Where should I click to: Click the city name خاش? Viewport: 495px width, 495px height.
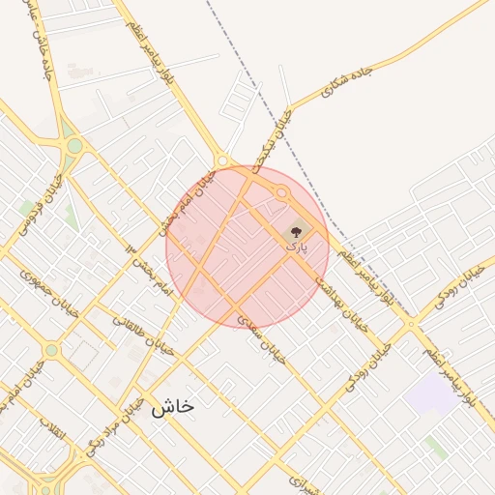[172, 407]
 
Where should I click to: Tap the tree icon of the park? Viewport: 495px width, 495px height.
[296, 231]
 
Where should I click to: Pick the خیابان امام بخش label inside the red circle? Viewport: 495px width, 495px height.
[190, 200]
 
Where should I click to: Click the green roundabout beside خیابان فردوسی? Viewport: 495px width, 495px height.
[74, 146]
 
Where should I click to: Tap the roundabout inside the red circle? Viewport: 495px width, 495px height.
[281, 194]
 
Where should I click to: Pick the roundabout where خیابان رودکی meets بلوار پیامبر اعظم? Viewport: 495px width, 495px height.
[412, 322]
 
